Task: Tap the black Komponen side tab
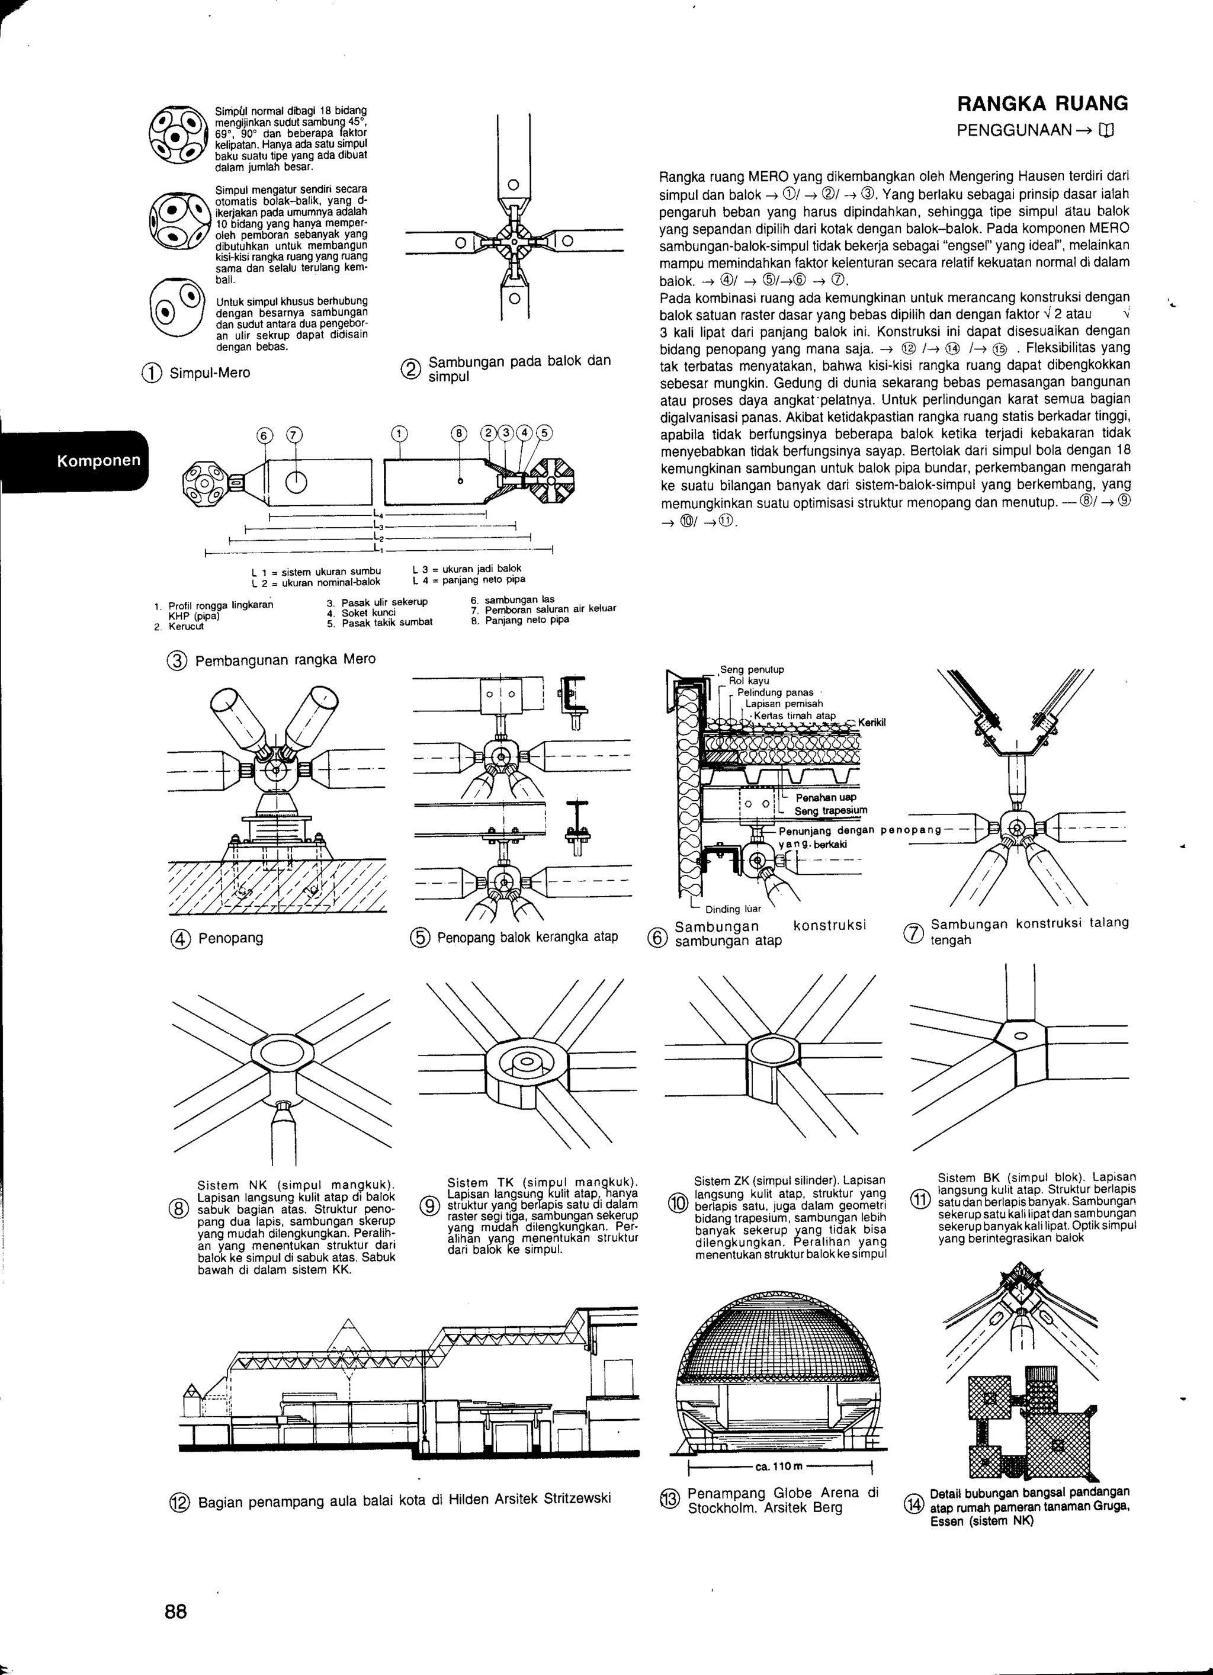pyautogui.click(x=99, y=460)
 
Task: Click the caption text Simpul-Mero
pyautogui.click(x=210, y=373)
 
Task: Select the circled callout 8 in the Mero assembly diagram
pyautogui.click(x=460, y=434)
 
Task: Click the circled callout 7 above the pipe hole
pyautogui.click(x=294, y=435)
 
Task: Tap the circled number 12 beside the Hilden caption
pyautogui.click(x=179, y=1502)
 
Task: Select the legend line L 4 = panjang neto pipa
pyautogui.click(x=468, y=580)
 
